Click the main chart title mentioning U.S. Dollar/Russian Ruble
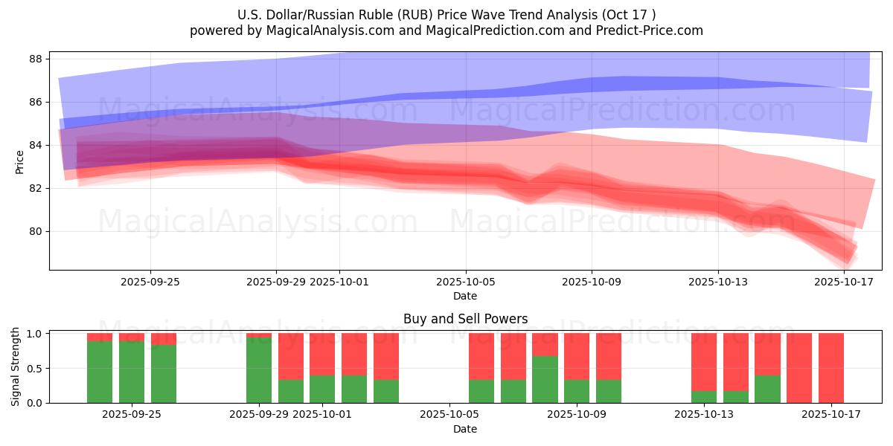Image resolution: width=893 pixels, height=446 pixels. pos(446,15)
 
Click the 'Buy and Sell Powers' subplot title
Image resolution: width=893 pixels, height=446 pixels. pos(465,319)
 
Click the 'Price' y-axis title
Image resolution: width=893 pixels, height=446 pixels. pos(19,161)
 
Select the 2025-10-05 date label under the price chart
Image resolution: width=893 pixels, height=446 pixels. pos(466,282)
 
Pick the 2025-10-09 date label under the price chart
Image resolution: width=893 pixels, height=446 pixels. pos(592,282)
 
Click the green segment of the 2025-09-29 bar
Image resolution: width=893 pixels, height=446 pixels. pos(259,370)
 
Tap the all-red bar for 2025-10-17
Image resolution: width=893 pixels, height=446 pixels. pos(830,368)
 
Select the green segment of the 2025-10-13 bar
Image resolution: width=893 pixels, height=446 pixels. pos(704,397)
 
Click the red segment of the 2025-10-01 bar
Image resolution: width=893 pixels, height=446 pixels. pos(322,354)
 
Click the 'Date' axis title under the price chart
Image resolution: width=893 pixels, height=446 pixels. pos(465,296)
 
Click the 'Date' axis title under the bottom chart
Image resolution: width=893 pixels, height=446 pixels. pos(465,429)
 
